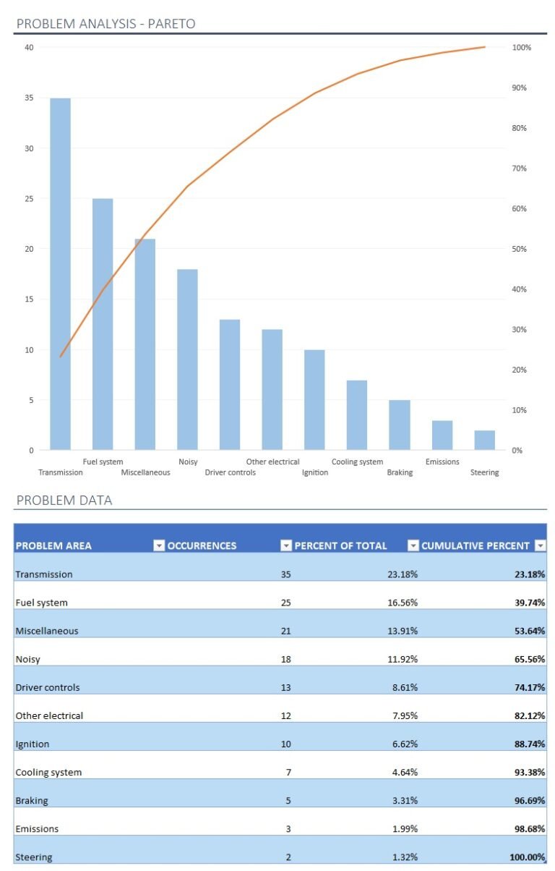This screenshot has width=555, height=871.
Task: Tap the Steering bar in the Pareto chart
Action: coord(485,440)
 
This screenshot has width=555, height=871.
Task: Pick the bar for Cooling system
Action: coord(357,415)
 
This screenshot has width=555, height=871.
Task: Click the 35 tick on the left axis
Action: coord(29,98)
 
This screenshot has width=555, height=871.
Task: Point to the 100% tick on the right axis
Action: coord(522,48)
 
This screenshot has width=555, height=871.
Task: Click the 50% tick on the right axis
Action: coord(520,249)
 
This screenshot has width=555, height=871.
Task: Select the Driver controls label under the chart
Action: coord(230,472)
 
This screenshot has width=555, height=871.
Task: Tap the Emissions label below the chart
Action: coord(442,462)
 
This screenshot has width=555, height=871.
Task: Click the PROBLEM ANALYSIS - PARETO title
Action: coord(106,24)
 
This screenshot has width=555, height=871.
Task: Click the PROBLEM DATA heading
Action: coord(64,501)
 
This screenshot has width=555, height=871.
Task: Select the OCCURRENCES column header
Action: coord(202,545)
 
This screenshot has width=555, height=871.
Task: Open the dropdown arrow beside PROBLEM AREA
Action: coord(159,545)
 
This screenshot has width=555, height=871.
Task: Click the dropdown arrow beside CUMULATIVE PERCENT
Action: coord(539,545)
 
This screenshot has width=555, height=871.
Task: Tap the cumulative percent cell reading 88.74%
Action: coord(530,744)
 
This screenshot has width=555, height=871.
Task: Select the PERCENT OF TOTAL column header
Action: coord(340,545)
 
